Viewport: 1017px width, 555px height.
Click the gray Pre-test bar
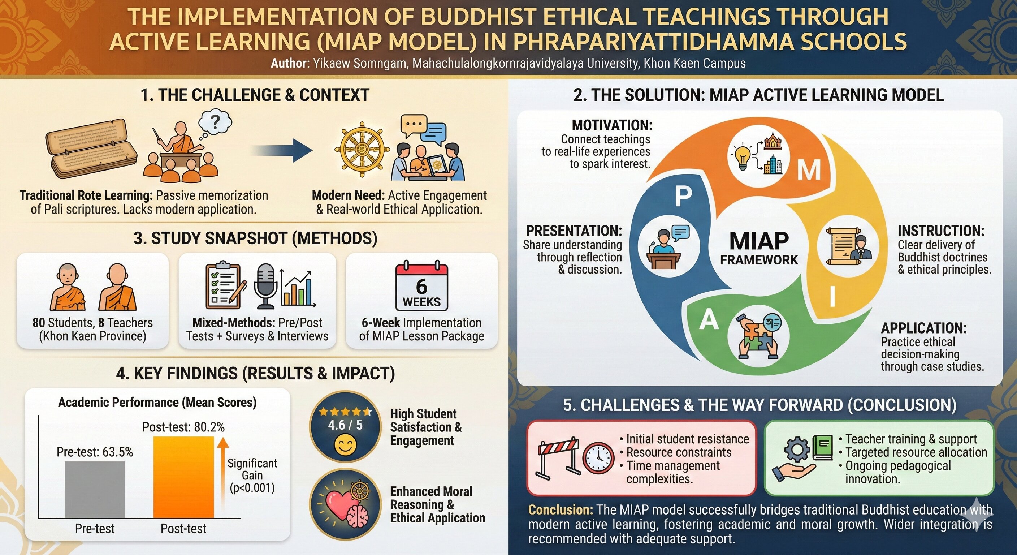coord(95,490)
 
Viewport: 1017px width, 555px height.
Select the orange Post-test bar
coord(183,477)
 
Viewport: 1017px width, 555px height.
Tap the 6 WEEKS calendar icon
coord(422,285)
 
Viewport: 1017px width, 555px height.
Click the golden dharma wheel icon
coord(360,151)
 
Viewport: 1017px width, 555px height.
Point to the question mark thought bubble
coord(215,124)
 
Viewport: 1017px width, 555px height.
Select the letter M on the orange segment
coord(809,170)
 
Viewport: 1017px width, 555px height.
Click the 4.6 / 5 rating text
coord(345,425)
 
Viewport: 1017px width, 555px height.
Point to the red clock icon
coord(598,459)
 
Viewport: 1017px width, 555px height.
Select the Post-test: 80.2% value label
coord(183,427)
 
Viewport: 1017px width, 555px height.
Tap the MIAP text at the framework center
coord(759,241)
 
